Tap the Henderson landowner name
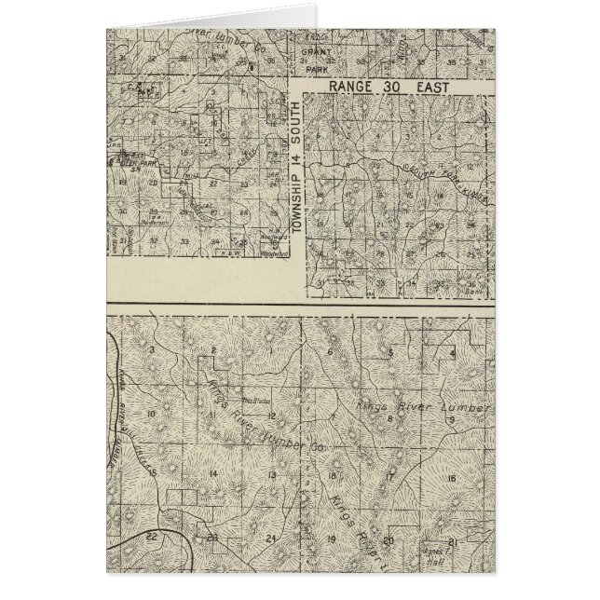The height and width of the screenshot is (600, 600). pos(155,221)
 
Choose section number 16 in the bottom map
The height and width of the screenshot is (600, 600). pos(451,479)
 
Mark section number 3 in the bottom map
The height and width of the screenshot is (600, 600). pos(150,349)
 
